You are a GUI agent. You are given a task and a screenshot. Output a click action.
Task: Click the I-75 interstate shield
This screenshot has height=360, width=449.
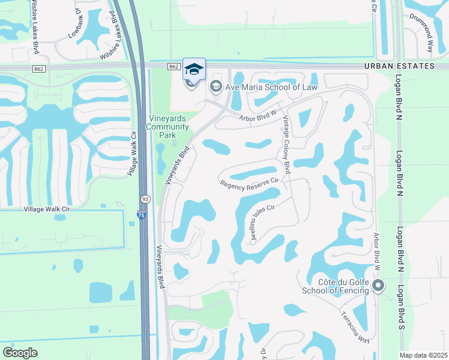139,215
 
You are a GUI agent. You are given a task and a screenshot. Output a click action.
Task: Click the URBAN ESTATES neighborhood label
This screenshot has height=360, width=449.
398,66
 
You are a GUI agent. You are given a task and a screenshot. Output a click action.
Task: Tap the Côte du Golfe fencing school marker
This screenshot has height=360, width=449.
378,286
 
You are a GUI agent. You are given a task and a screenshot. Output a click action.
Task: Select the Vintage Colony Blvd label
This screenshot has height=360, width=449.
286,145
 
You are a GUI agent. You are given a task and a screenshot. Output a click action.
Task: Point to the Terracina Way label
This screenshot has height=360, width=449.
355,327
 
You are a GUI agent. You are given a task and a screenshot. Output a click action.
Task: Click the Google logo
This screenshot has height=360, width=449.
20,353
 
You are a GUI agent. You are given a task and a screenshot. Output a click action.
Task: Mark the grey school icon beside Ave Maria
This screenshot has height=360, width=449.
215,87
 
